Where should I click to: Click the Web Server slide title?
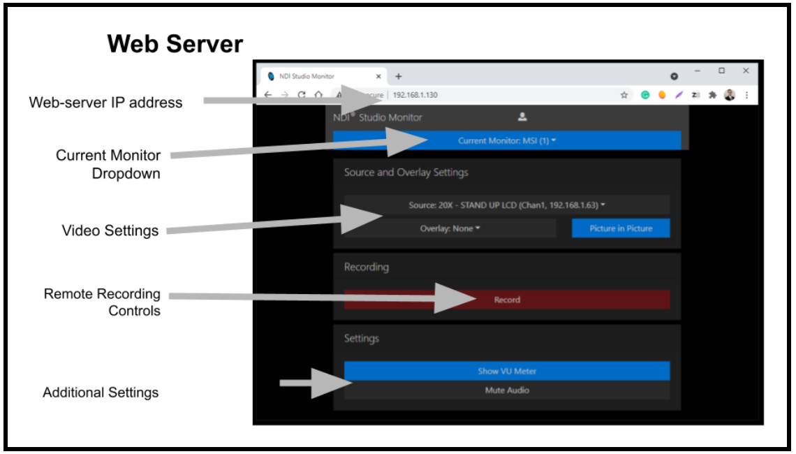click(x=175, y=45)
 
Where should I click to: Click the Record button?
click(x=507, y=300)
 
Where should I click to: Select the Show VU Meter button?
click(x=507, y=371)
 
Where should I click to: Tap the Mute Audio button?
click(x=507, y=390)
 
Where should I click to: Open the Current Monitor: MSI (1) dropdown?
click(x=507, y=140)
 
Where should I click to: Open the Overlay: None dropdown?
click(x=450, y=228)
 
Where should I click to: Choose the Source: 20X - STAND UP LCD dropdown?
click(x=507, y=205)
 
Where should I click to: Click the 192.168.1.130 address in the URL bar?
click(x=415, y=95)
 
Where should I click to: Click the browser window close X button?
click(x=746, y=71)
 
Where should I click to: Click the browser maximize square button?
click(x=721, y=71)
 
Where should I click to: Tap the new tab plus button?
click(x=399, y=76)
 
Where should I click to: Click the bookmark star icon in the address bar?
click(x=624, y=95)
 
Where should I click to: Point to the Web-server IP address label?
click(x=105, y=103)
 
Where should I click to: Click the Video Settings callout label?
click(x=110, y=230)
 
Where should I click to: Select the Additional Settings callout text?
click(x=101, y=393)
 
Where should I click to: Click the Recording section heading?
click(x=366, y=267)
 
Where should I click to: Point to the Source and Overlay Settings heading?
click(x=406, y=172)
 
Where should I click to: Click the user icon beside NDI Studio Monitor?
click(x=522, y=117)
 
